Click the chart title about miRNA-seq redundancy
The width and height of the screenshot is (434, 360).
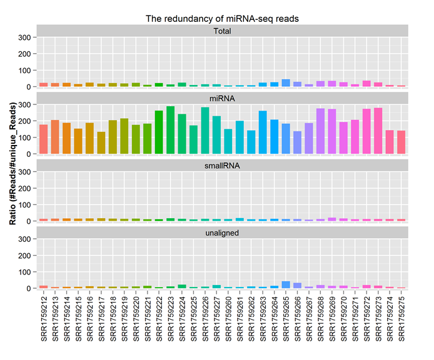tap(222, 19)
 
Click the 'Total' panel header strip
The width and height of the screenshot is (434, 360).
tap(222, 31)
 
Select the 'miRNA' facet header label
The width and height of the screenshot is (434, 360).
tap(222, 98)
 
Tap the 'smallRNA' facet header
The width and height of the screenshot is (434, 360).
tap(222, 165)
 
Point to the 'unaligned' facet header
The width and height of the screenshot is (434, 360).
tap(222, 232)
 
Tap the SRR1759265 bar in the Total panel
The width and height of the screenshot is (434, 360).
tap(286, 83)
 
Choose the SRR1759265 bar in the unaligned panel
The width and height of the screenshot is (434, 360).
tap(286, 284)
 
